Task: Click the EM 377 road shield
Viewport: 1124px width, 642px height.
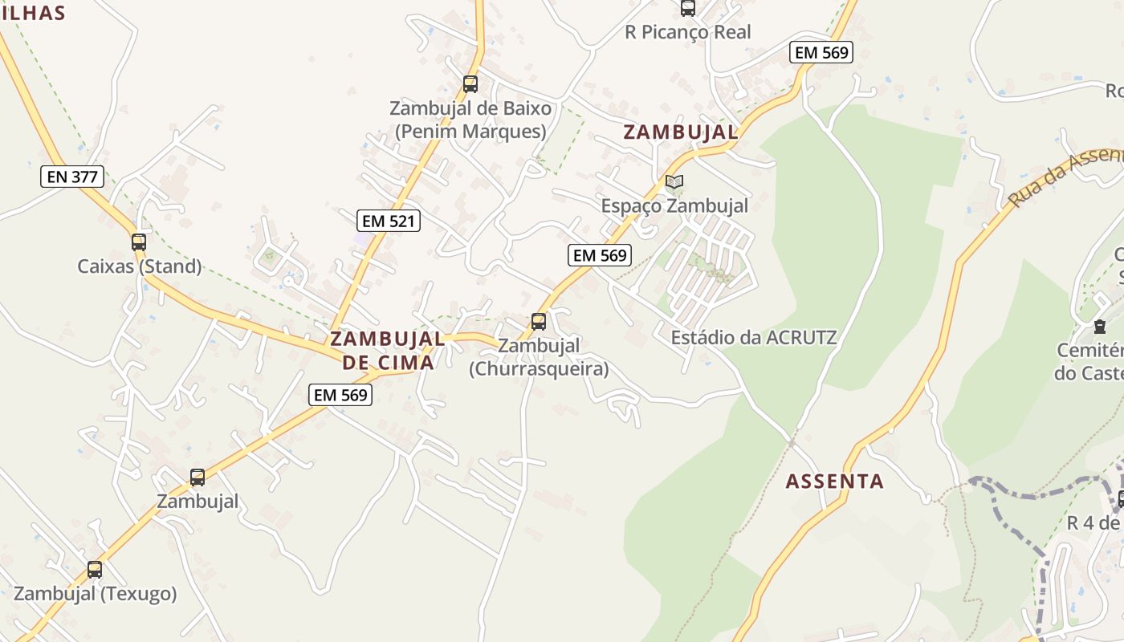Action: tap(72, 177)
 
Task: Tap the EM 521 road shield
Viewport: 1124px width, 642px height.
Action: tap(389, 221)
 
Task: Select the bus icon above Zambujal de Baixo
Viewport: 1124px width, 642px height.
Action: tap(470, 84)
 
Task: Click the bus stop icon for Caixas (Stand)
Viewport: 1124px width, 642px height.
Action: tap(139, 242)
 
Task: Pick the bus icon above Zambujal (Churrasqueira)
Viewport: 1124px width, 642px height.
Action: tap(539, 322)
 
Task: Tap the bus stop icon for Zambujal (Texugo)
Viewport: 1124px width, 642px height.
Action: tap(95, 570)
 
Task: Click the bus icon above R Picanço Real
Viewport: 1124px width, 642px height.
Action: tap(688, 9)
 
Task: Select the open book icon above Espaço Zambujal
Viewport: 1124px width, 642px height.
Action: tap(674, 182)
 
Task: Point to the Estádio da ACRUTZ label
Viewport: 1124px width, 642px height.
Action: tap(754, 337)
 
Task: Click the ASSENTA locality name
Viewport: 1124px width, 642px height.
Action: tap(834, 481)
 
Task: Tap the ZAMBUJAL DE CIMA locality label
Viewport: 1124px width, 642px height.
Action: tap(388, 351)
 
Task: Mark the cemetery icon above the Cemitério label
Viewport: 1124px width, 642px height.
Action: tap(1099, 327)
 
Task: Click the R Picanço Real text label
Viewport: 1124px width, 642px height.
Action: tap(688, 32)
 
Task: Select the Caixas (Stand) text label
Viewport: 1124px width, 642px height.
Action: tap(140, 266)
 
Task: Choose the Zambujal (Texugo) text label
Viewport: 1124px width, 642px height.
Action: tap(95, 594)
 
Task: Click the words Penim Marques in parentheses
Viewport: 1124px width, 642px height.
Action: tap(470, 131)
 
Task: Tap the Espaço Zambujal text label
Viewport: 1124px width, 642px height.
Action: tap(674, 206)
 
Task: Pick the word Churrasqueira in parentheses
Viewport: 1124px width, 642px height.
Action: tap(539, 369)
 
